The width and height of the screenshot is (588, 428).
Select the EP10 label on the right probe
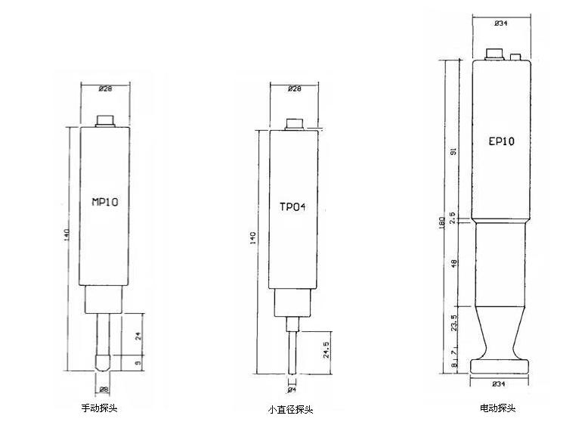click(x=501, y=141)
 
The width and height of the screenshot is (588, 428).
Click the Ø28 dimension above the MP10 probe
click(x=106, y=90)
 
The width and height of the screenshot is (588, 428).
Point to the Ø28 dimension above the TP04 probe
click(x=294, y=89)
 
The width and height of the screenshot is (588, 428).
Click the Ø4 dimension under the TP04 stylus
click(x=292, y=391)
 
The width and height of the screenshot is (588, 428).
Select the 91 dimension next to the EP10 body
click(x=452, y=150)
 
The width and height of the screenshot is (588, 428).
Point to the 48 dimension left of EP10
click(x=452, y=263)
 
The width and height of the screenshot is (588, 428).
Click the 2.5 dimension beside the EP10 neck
click(x=452, y=218)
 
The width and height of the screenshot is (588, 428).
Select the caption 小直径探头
click(x=290, y=410)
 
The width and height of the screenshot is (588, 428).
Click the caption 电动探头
click(x=497, y=408)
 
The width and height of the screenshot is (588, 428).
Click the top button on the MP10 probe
click(x=106, y=120)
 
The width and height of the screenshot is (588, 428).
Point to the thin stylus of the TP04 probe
click(x=292, y=352)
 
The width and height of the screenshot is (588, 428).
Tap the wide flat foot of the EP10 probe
click(x=501, y=366)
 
